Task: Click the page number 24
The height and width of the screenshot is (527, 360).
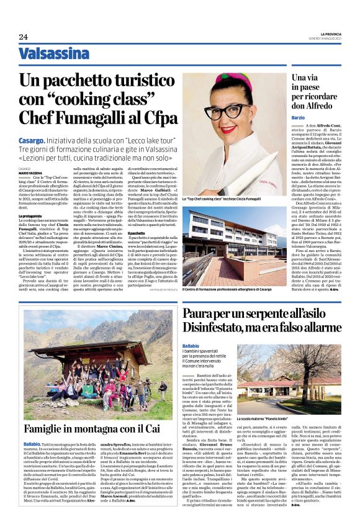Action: tap(23, 37)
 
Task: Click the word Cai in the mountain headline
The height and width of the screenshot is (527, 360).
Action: tap(153, 428)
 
